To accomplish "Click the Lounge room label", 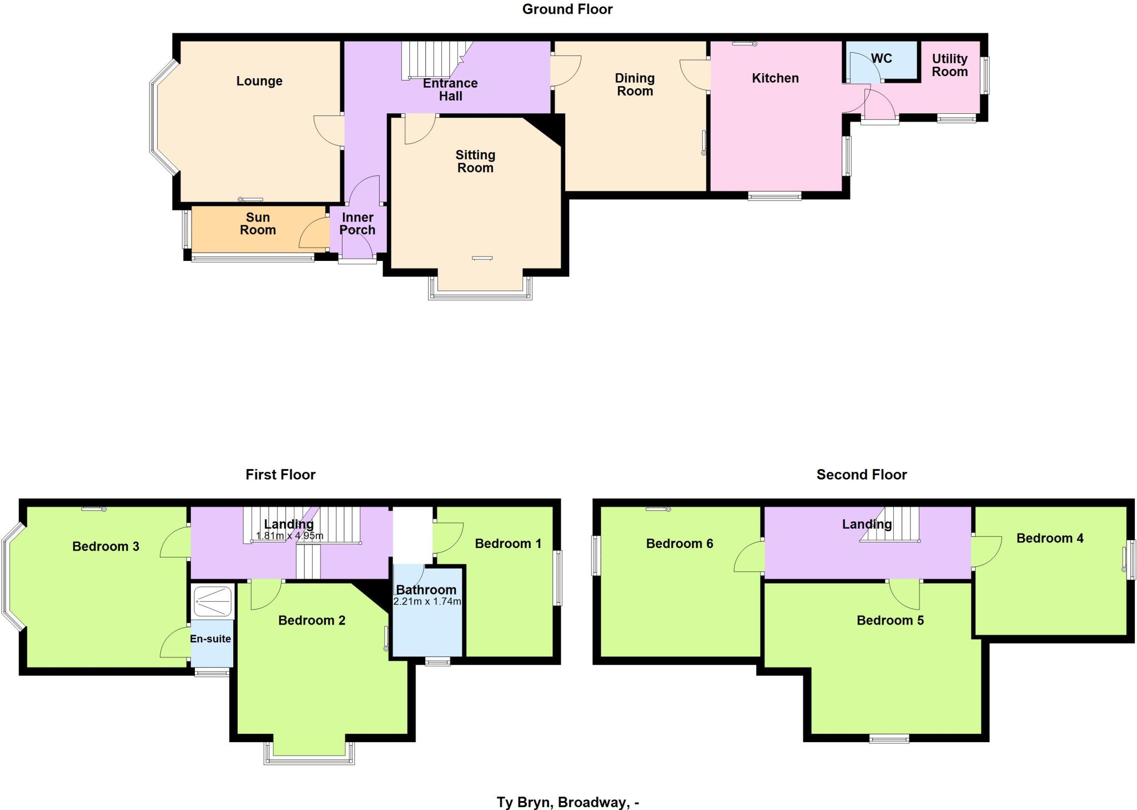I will (259, 81).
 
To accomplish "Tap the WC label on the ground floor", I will (881, 58).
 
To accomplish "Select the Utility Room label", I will (949, 65).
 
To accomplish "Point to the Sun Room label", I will (258, 224).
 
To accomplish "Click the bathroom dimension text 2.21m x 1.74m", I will (427, 601).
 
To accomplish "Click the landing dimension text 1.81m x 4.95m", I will (289, 536).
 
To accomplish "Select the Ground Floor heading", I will (567, 9).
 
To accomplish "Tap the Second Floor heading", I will (861, 475).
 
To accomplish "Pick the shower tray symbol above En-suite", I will (213, 601).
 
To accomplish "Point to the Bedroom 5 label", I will (890, 620).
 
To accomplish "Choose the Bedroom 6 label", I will (679, 544).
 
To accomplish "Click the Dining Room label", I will (635, 84).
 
